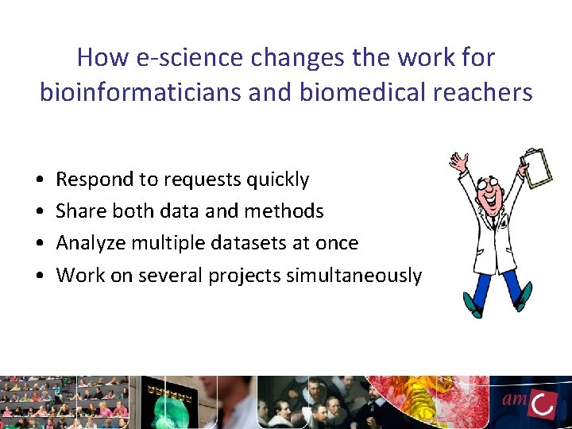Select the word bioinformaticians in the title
coord(145,92)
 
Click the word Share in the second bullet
coord(78,211)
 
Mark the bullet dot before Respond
coord(39,180)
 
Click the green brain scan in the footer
coord(176,400)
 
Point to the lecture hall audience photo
coord(64,400)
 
